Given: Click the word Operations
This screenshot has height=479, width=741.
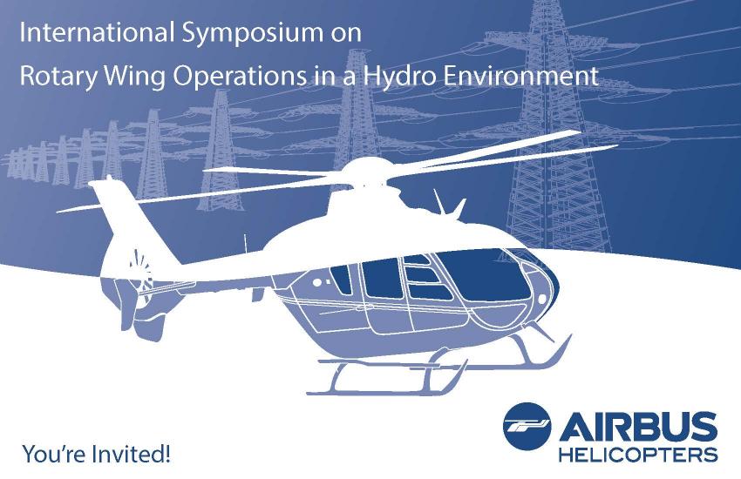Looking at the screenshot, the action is [x=240, y=77].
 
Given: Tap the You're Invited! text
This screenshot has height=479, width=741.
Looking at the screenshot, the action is [x=97, y=455].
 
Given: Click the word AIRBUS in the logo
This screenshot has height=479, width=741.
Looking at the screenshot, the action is [x=638, y=426].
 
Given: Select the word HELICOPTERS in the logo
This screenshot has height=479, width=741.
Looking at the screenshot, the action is [x=638, y=455].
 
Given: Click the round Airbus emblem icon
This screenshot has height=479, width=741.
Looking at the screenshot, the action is [x=527, y=426].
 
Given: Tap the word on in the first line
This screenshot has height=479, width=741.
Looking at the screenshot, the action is [x=345, y=34].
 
